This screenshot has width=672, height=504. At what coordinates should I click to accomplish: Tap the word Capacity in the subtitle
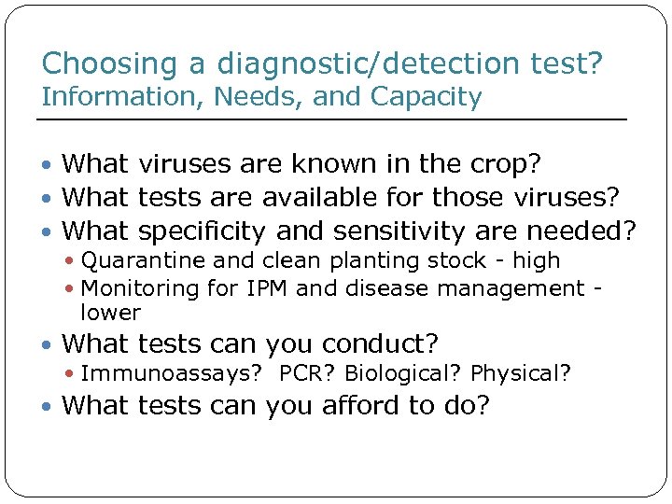(x=427, y=96)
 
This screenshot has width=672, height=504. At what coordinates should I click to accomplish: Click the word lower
(x=110, y=313)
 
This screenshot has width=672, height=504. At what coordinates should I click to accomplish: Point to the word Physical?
(x=521, y=374)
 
